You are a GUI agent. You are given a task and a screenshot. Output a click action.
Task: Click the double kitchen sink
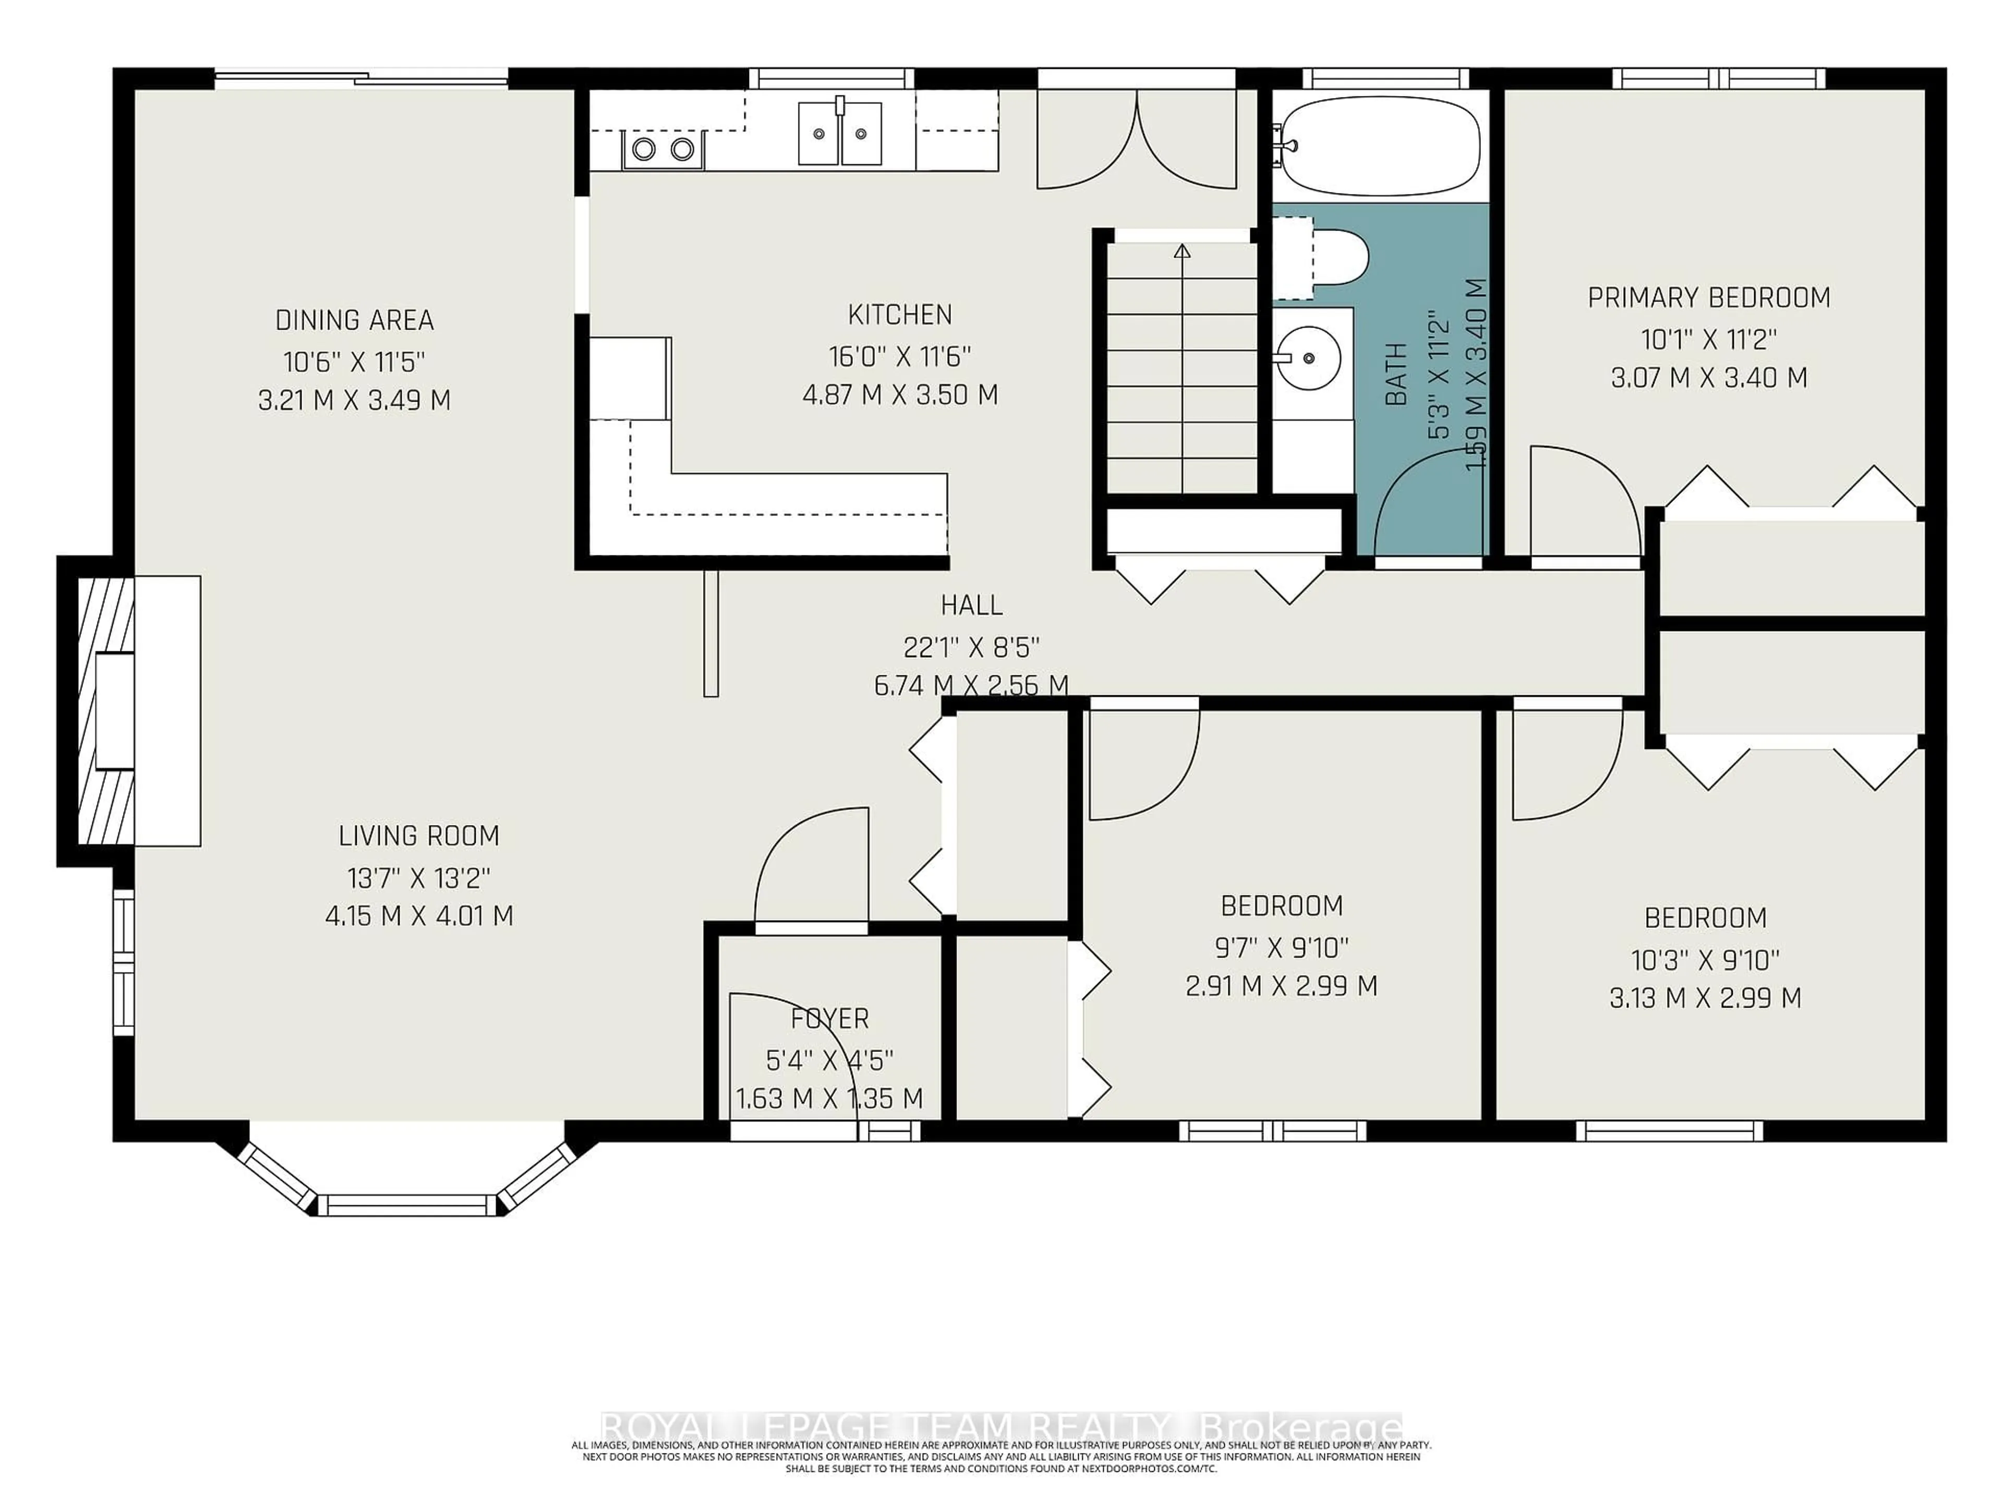pyautogui.click(x=839, y=134)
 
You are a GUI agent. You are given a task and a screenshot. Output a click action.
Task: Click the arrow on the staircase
pyautogui.click(x=1181, y=252)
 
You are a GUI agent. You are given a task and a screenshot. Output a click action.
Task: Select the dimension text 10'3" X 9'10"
pyautogui.click(x=1705, y=959)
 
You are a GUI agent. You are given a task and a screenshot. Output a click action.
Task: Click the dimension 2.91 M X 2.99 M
pyautogui.click(x=1281, y=986)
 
